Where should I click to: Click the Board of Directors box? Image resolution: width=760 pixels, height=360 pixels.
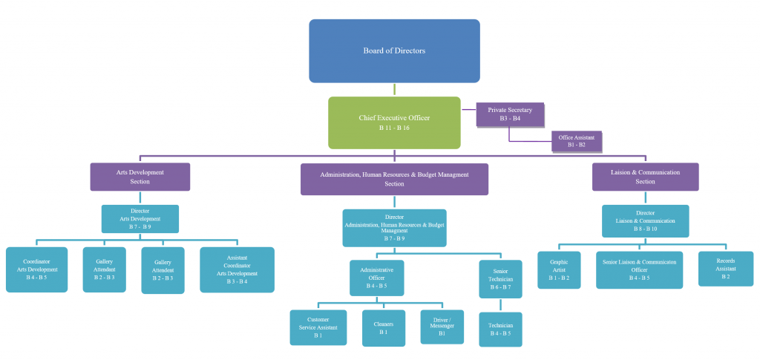394,50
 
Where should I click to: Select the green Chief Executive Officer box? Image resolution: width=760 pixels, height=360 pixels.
394,122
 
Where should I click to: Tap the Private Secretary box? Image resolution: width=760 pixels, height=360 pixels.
510,114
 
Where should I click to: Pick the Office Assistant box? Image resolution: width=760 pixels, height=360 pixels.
577,141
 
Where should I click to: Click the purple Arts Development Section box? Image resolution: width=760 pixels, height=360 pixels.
140,177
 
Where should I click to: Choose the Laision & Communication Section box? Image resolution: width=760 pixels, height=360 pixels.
645,177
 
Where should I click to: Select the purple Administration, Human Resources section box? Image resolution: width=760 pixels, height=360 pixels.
394,179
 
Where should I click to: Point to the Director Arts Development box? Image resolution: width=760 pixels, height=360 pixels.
140,219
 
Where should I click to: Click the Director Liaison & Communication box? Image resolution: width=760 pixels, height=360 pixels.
645,220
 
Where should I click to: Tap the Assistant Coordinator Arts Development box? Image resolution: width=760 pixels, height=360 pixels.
237,269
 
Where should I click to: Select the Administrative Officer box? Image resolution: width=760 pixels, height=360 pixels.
377,278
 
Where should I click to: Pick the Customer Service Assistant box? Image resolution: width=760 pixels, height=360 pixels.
318,327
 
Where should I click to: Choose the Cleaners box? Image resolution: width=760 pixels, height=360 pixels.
384,327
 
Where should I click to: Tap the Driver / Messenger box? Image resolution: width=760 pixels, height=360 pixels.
442,327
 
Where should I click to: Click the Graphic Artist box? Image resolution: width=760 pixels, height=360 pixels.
559,269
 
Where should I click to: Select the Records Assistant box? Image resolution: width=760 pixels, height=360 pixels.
725,269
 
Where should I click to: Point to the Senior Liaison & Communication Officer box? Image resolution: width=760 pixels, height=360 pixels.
639,269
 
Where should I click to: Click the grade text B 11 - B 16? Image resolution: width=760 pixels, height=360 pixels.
394,128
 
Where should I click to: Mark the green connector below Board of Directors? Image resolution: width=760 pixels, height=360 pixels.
394,89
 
